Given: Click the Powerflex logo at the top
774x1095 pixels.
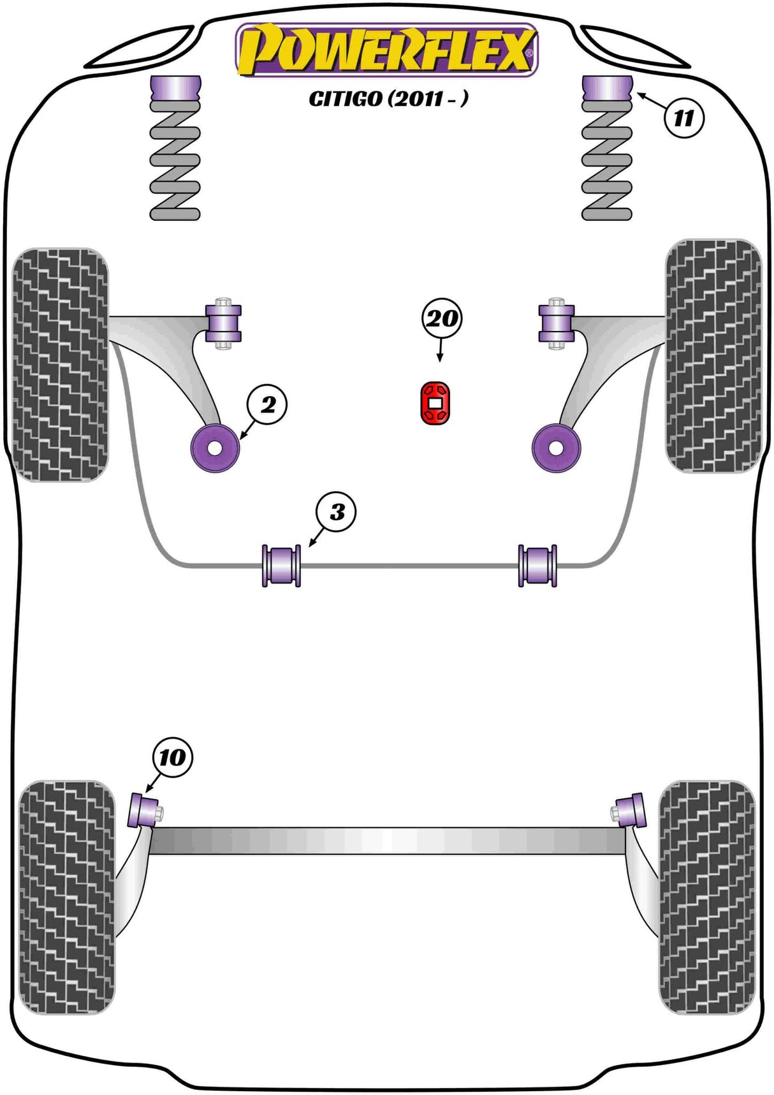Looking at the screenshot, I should (386, 50).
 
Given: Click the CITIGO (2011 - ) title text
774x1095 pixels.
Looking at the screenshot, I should (388, 99).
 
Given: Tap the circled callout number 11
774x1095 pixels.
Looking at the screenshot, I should (683, 117).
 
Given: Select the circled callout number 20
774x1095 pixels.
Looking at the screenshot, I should (441, 318).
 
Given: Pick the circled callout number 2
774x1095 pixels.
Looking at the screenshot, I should (268, 404).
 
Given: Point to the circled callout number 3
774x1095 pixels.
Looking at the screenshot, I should (337, 511).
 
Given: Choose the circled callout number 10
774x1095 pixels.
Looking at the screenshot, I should (172, 758).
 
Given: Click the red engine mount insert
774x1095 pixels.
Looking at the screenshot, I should (435, 402).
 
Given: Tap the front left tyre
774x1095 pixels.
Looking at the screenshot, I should (60, 364).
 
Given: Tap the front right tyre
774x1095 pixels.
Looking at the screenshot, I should (713, 356).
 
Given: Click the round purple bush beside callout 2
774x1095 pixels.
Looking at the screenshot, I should (215, 448).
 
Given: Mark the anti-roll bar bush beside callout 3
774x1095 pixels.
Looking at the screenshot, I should (281, 565).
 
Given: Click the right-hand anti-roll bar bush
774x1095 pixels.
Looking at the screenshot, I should (537, 565).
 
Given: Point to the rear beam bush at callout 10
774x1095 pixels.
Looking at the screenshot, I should (144, 811).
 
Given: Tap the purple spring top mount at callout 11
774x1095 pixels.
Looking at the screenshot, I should (608, 87).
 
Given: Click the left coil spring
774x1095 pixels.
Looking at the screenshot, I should (175, 163).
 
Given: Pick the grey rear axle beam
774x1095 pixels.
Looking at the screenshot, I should (388, 841).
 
